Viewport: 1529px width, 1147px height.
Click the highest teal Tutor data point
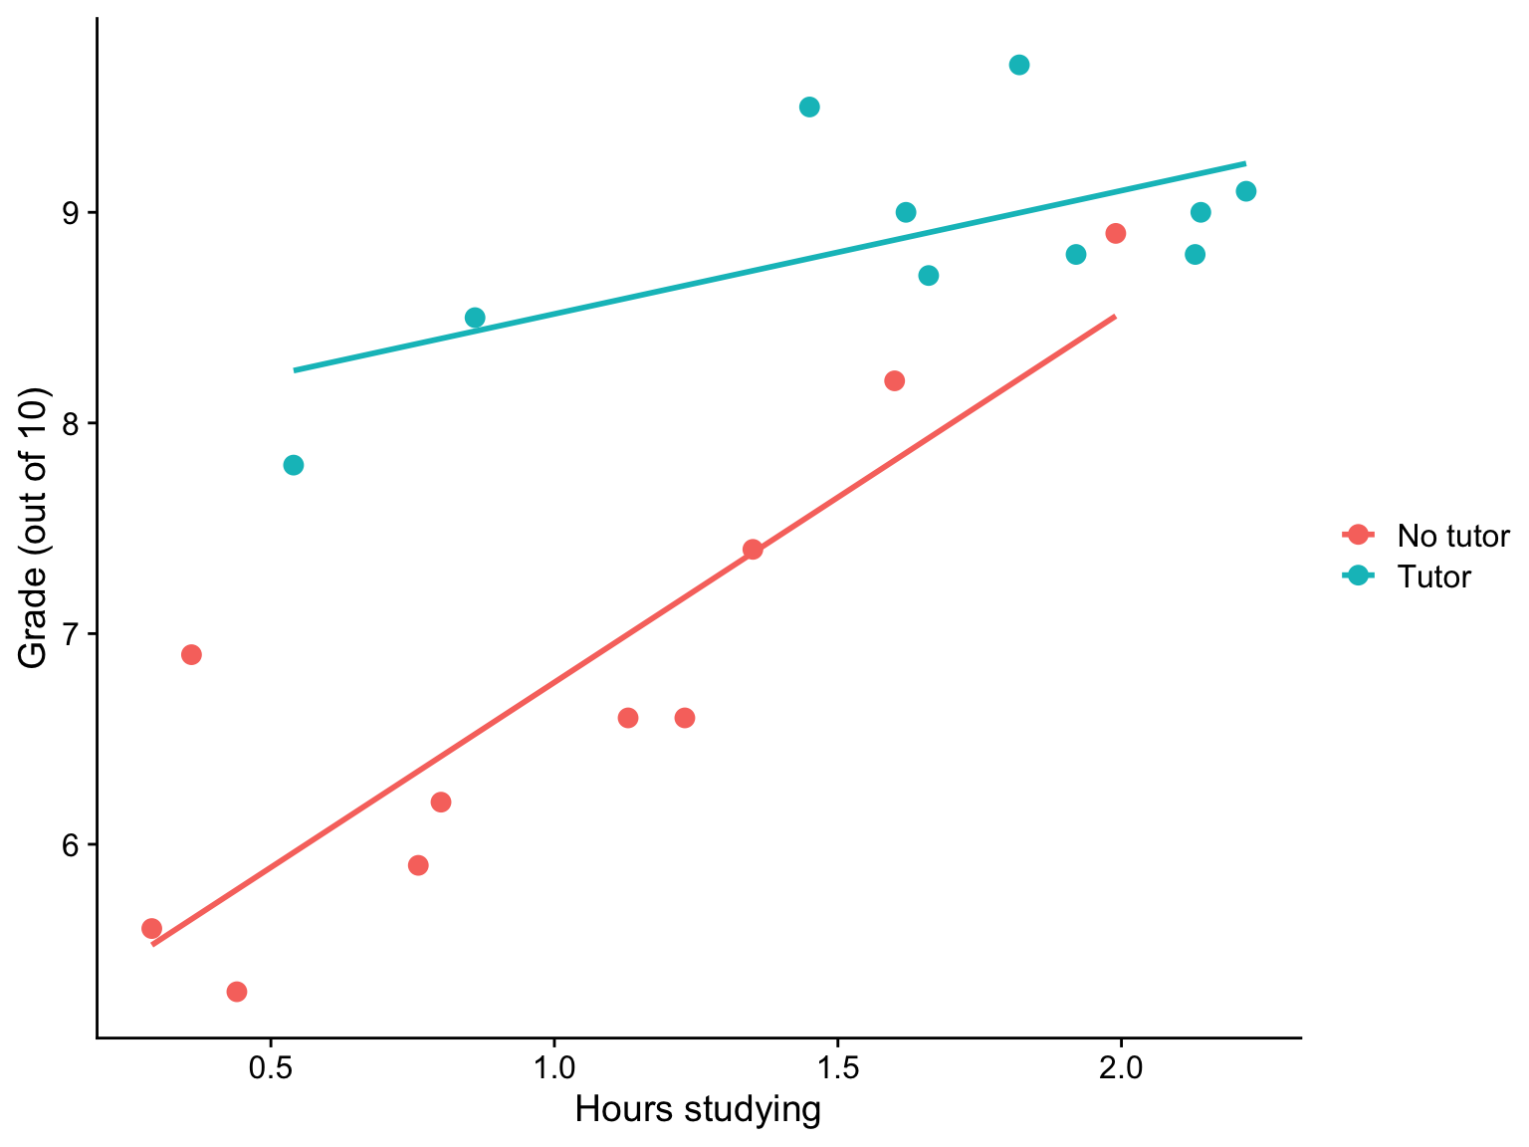1018,65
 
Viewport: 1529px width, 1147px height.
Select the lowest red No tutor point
236,991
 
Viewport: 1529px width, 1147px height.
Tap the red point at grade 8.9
1115,233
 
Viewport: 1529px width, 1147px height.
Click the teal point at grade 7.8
293,465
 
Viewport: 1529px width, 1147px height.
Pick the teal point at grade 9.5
809,107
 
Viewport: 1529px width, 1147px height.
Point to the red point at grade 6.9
191,654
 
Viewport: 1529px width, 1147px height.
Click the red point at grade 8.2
894,380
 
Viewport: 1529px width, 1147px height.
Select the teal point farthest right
1245,191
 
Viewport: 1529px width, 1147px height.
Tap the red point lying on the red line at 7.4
753,550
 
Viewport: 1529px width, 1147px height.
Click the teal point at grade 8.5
475,318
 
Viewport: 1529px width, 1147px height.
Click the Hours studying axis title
698,1109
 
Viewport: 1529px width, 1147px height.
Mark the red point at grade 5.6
151,928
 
